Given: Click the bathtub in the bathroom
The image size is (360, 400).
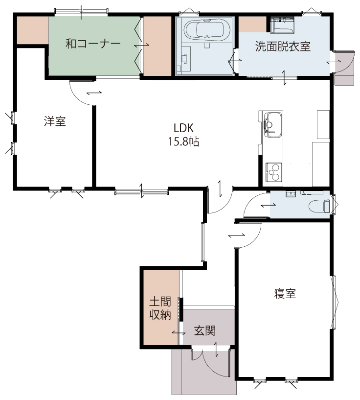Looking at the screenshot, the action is coord(204,29).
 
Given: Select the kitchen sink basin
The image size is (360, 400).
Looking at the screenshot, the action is coord(273,125).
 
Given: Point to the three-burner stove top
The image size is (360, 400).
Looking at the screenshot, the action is coord(273,172).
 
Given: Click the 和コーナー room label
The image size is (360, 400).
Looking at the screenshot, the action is coord(93,44).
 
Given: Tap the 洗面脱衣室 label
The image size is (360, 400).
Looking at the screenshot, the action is coord(283,47).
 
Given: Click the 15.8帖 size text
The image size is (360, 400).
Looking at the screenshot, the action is coord(183,141).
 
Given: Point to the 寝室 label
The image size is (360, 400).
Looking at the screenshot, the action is coord(285,294).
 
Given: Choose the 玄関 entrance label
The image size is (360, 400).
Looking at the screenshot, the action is coord(205,331).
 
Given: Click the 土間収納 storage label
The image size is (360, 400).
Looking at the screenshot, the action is coord(160,308).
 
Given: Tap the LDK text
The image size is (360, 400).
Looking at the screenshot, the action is coord(183,128).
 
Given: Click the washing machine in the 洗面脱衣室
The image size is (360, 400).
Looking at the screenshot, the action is coord(282,25).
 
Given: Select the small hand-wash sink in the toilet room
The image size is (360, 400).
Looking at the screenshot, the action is coord(291,193).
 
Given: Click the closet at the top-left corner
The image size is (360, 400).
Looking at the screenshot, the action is coord(33,30).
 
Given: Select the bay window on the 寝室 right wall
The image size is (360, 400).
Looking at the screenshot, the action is coord(334,303).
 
